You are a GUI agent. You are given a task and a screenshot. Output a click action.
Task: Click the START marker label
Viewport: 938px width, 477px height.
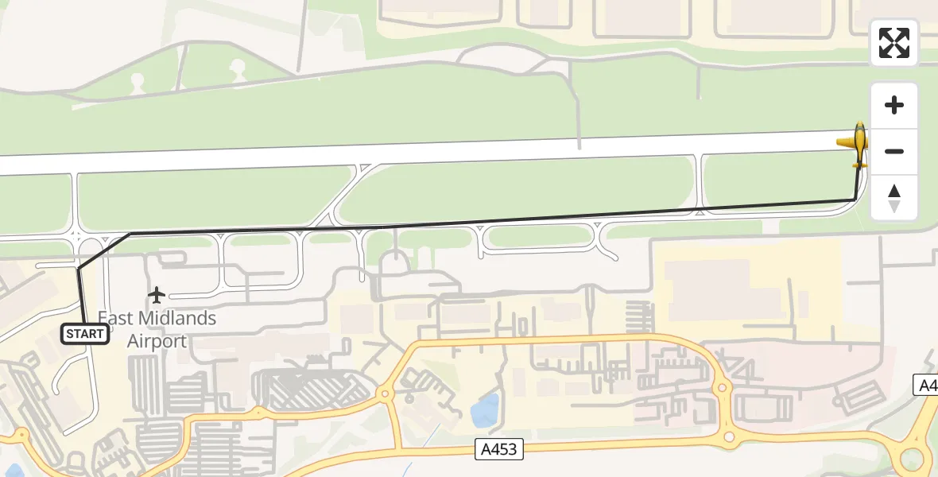(x=85, y=334)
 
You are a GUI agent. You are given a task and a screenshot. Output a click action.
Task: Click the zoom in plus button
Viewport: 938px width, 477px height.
(x=894, y=105)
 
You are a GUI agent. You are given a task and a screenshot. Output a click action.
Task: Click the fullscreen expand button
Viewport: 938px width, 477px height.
(x=894, y=43)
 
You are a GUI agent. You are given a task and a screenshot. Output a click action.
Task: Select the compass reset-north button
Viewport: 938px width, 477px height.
(x=894, y=198)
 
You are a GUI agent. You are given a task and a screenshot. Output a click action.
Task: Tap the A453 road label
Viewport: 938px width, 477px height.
(x=500, y=449)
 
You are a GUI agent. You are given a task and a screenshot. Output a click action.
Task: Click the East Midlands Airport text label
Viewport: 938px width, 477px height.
(x=157, y=329)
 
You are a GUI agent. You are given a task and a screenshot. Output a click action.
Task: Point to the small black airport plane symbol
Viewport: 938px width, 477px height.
(x=157, y=296)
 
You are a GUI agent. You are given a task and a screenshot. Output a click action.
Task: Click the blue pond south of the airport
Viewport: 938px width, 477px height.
(x=484, y=410)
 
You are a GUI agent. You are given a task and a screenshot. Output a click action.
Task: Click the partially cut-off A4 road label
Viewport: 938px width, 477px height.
(x=927, y=385)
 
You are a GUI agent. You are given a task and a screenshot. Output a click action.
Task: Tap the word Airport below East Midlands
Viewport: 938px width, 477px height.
(x=157, y=342)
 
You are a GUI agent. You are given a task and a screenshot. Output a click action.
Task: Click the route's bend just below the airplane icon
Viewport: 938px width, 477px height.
(x=855, y=200)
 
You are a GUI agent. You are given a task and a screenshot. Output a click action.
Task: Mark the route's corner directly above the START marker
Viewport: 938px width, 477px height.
(x=79, y=270)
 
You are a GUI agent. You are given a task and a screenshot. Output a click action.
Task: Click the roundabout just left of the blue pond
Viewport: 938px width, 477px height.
(x=386, y=393)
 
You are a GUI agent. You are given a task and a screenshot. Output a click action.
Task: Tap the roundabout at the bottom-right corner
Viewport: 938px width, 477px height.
(x=912, y=460)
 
